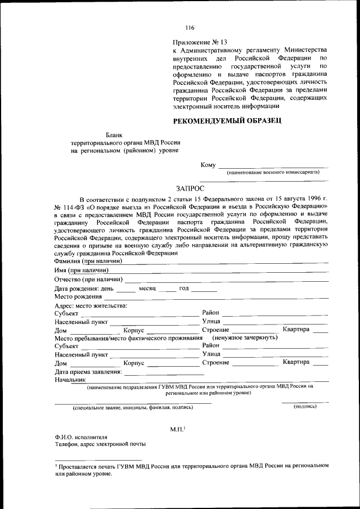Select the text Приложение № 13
200,42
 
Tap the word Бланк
115,134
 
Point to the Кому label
208,165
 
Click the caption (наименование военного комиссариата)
273,173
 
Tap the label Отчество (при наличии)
88,279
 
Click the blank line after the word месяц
167,290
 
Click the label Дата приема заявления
88,372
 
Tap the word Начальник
69,380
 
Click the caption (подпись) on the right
305,406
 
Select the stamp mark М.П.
178,429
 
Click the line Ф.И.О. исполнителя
80,436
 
